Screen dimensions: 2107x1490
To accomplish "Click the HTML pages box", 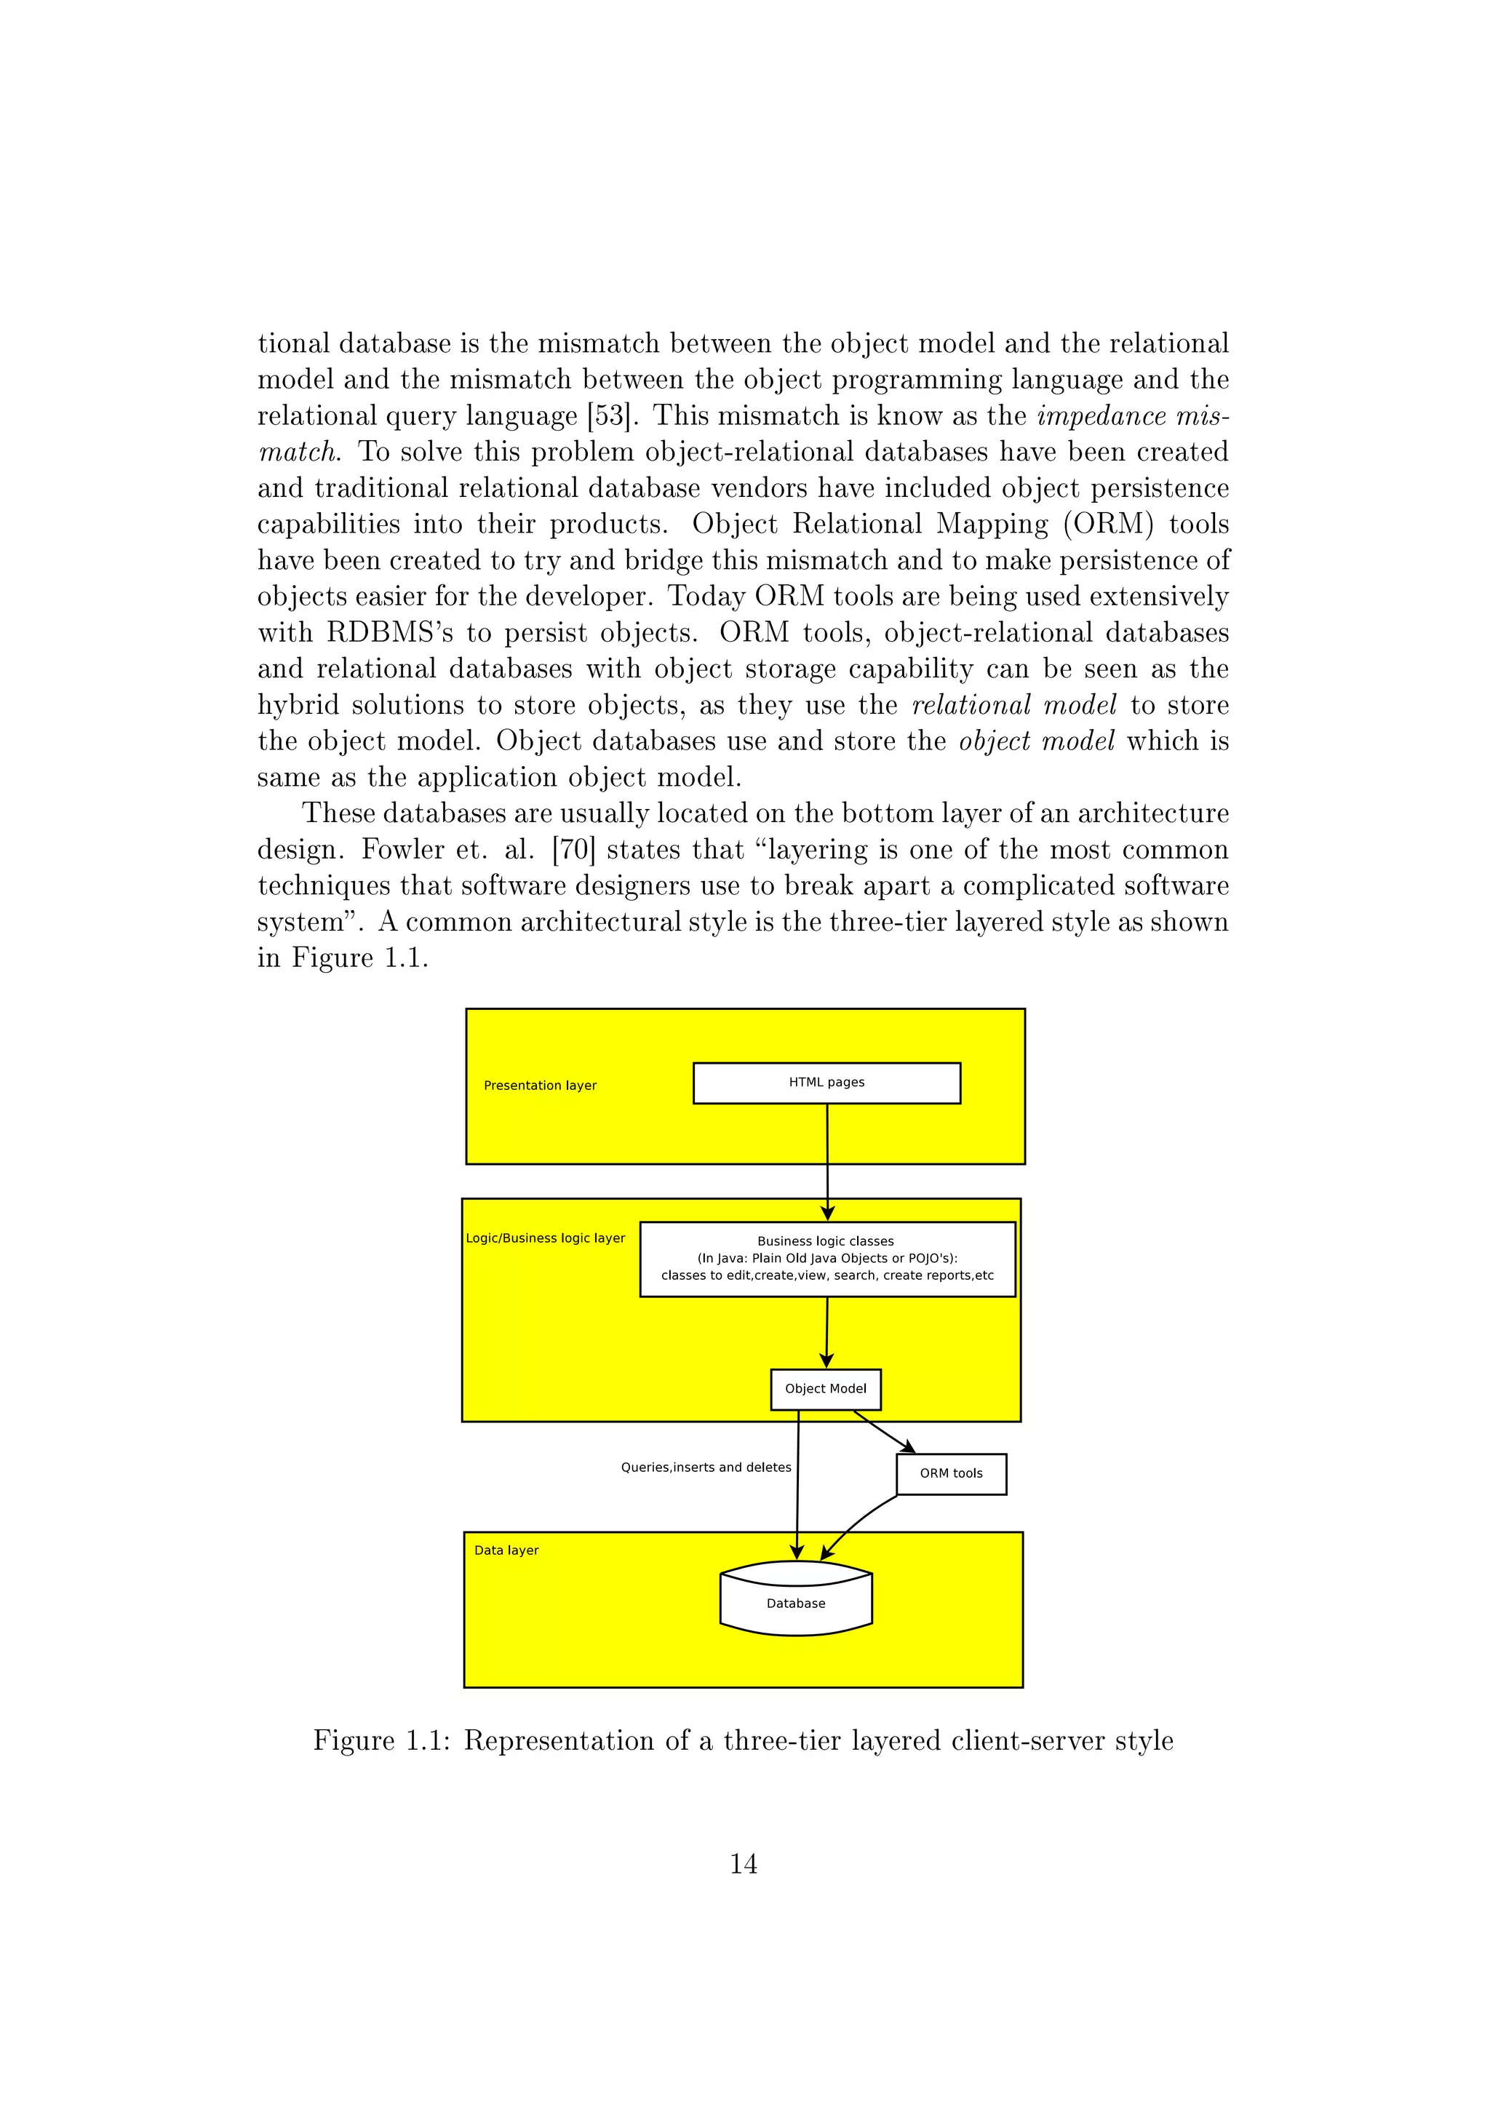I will (826, 1083).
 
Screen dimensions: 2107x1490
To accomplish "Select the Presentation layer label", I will (540, 1086).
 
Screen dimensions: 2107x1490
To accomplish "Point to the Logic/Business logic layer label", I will (545, 1238).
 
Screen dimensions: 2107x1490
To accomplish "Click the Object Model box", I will (825, 1388).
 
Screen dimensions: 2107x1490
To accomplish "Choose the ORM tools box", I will (950, 1473).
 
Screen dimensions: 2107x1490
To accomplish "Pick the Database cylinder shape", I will (795, 1601).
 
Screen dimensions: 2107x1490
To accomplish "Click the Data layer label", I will (506, 1550).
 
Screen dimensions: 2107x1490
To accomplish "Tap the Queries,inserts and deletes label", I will (706, 1467).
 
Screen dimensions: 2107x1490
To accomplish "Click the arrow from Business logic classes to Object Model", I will (826, 1332).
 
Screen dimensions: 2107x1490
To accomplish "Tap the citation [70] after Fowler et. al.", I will (573, 850).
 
